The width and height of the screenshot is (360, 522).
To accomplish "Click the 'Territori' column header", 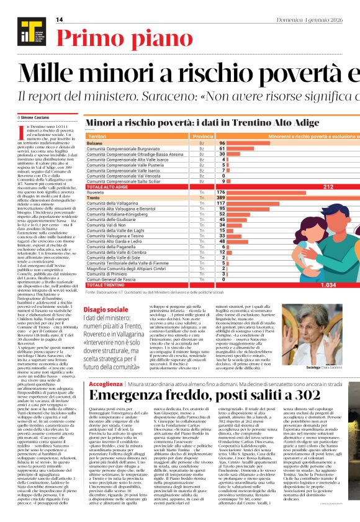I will pos(97,135).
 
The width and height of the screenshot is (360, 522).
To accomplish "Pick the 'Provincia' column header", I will pos(203,135).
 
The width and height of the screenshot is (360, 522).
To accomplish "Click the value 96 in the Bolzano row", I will pos(222,143).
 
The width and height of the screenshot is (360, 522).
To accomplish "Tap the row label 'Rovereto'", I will pos(99,192).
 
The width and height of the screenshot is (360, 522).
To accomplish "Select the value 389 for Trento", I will pos(222,197).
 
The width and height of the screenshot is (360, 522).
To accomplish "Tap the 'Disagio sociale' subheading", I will pos(106,308).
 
